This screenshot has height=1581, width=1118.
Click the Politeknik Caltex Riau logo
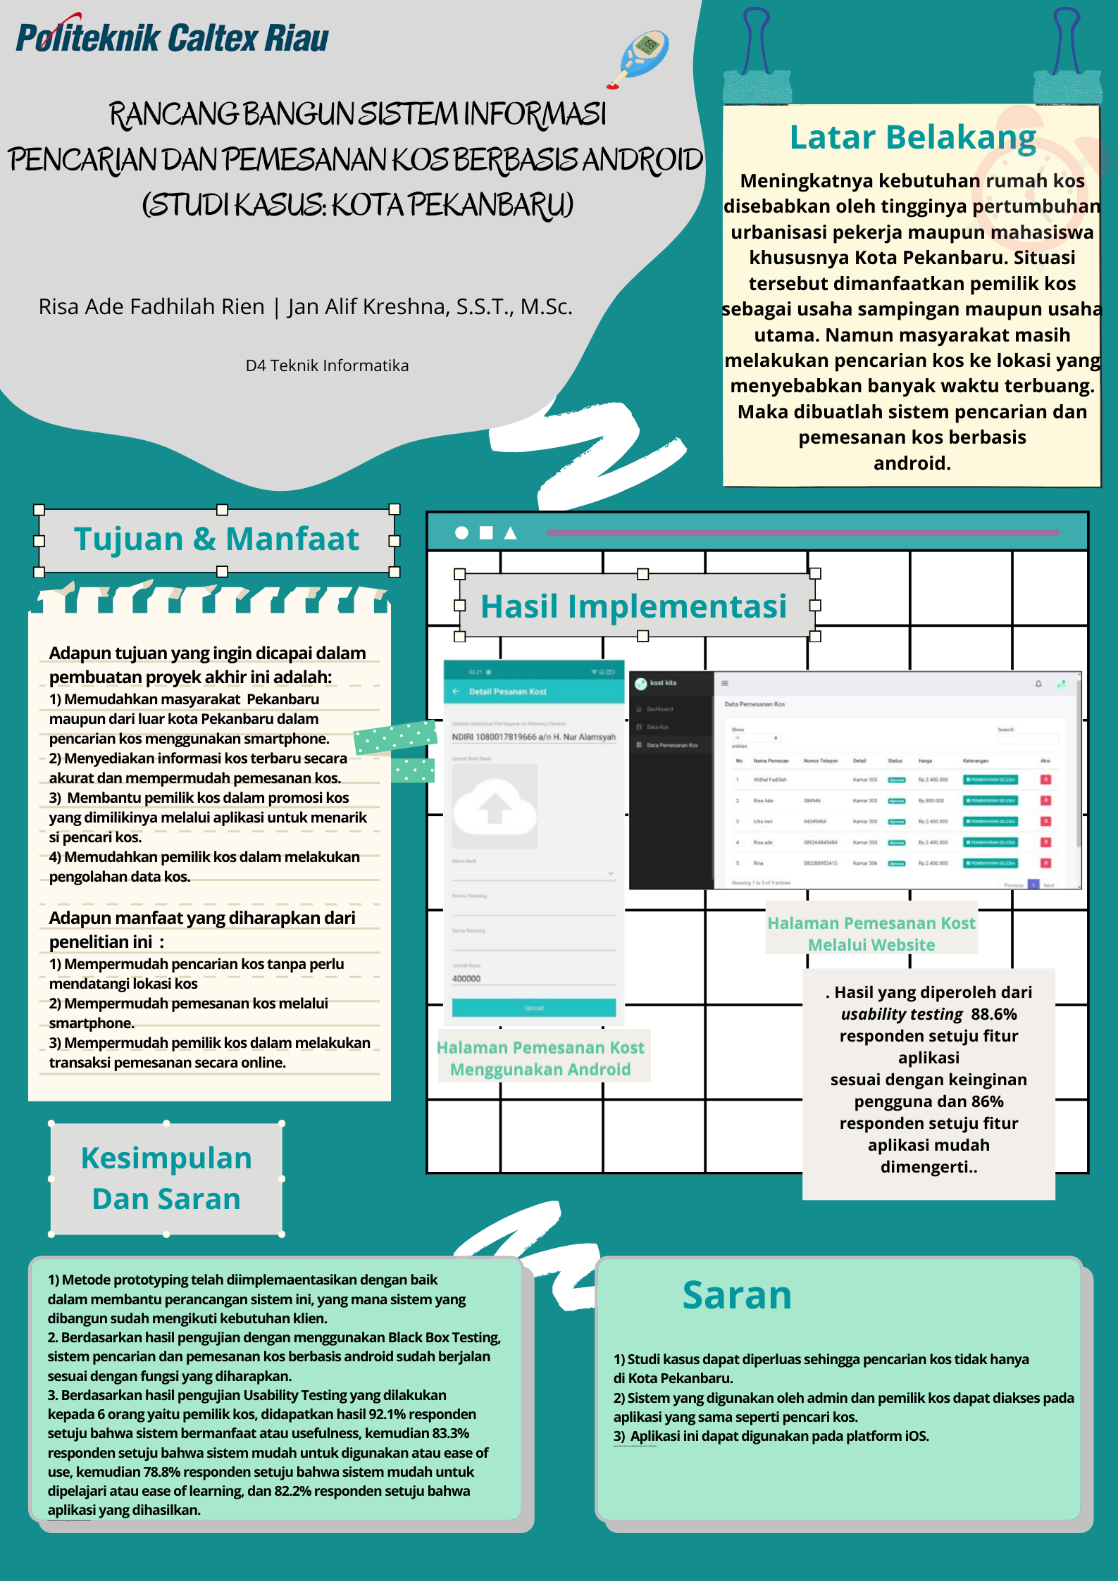172,38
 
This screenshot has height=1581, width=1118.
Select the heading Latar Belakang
912,137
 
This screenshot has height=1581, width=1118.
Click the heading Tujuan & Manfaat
216,539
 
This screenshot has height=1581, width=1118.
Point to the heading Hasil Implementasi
633,606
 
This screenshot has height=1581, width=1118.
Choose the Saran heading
737,1295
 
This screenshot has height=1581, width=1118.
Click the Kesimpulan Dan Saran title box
166,1178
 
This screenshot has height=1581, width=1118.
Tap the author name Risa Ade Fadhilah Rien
151,307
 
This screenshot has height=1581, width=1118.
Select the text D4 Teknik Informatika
327,365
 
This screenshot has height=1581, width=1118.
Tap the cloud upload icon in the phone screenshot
495,806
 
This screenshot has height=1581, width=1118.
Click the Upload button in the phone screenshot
533,1008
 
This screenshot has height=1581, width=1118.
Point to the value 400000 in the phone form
466,979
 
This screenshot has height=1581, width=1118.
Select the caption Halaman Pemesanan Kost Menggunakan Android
540,1058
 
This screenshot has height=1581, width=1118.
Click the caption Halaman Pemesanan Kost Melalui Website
871,934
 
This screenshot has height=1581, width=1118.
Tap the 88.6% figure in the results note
993,1014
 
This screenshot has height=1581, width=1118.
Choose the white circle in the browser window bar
461,533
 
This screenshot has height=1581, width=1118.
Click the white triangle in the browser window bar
511,533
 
